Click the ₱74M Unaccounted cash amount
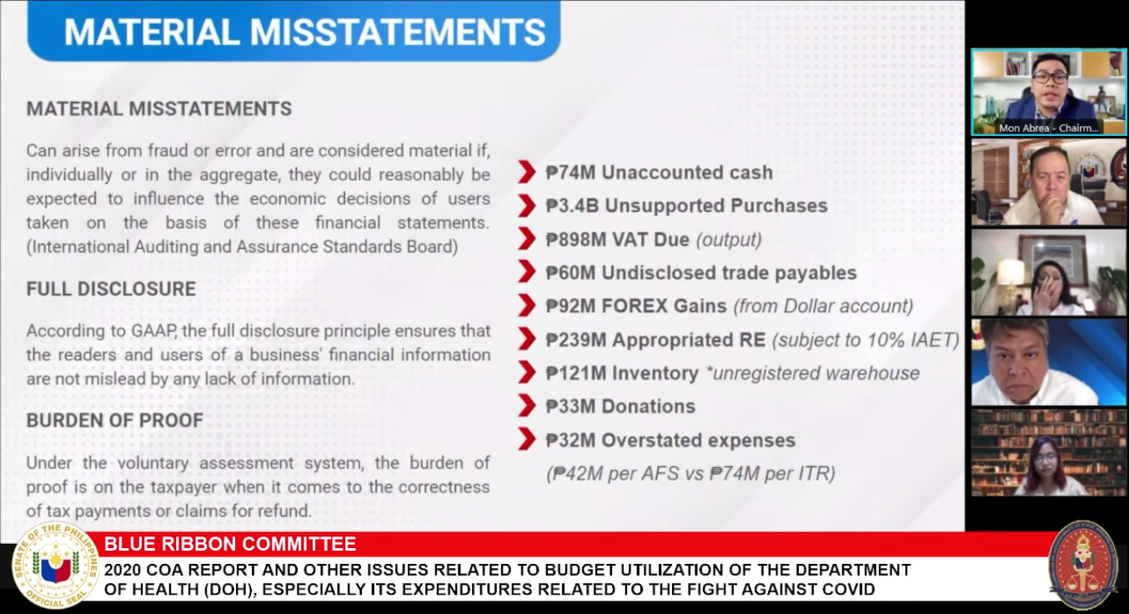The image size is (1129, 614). pos(570,173)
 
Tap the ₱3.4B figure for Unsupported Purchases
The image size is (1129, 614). pos(572,206)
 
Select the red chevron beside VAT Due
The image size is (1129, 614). pos(527,239)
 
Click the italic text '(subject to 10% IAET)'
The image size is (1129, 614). pos(866,340)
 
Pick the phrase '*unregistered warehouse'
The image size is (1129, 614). pos(812,374)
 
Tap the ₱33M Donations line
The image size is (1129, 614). pos(620,406)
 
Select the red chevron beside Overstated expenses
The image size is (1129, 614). pos(527,440)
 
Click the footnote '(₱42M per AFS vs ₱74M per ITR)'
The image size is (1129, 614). pos(690,474)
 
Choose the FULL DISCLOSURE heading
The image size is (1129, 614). pos(111,289)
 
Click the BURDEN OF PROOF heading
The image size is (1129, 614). pos(114,420)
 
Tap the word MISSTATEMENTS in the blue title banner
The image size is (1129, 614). pos(398,33)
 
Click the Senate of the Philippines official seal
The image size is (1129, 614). pos(55,565)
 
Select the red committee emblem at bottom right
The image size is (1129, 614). pos(1082,565)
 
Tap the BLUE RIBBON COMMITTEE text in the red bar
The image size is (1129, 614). pos(230,544)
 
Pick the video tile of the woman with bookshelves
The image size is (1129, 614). pos(1049,453)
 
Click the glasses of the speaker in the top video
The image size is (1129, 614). pos(1051,78)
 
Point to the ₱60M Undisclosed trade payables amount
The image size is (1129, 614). pos(570,273)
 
